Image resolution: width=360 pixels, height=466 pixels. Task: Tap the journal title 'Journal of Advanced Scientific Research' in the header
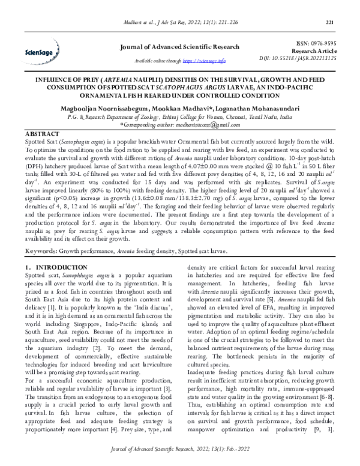[x=179, y=47]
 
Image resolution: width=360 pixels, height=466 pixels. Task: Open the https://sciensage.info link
[x=204, y=61]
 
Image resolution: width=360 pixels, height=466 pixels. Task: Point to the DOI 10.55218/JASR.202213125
[x=305, y=61]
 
